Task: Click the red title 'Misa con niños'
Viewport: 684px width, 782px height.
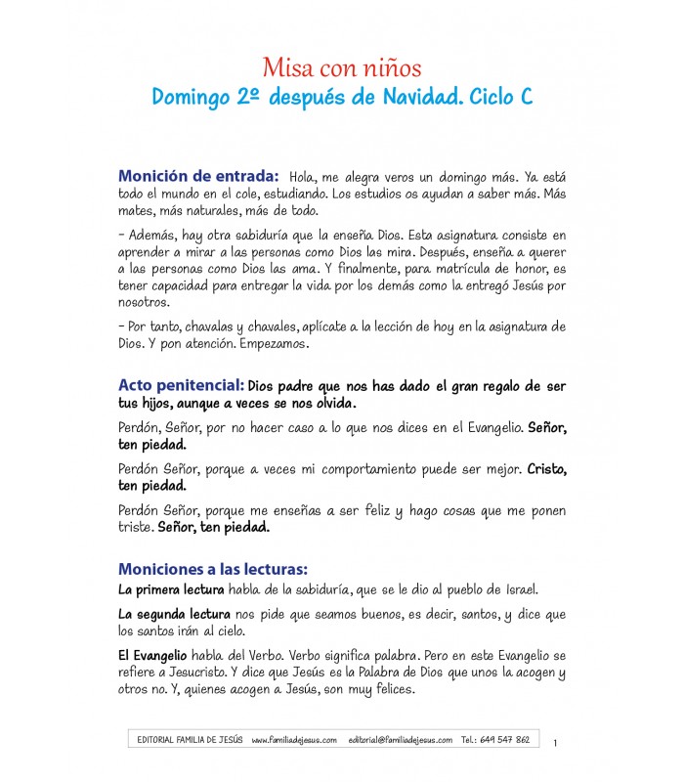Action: click(x=341, y=67)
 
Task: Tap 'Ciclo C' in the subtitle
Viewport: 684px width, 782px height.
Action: click(x=501, y=98)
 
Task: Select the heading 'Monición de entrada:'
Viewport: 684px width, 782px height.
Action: click(x=199, y=176)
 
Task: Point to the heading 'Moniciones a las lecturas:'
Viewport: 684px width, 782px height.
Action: click(x=213, y=568)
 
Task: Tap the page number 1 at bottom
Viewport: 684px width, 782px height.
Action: click(x=555, y=745)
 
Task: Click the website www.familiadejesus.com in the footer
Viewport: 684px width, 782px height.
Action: click(x=294, y=740)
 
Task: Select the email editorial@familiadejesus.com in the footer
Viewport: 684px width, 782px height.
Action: click(x=400, y=740)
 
